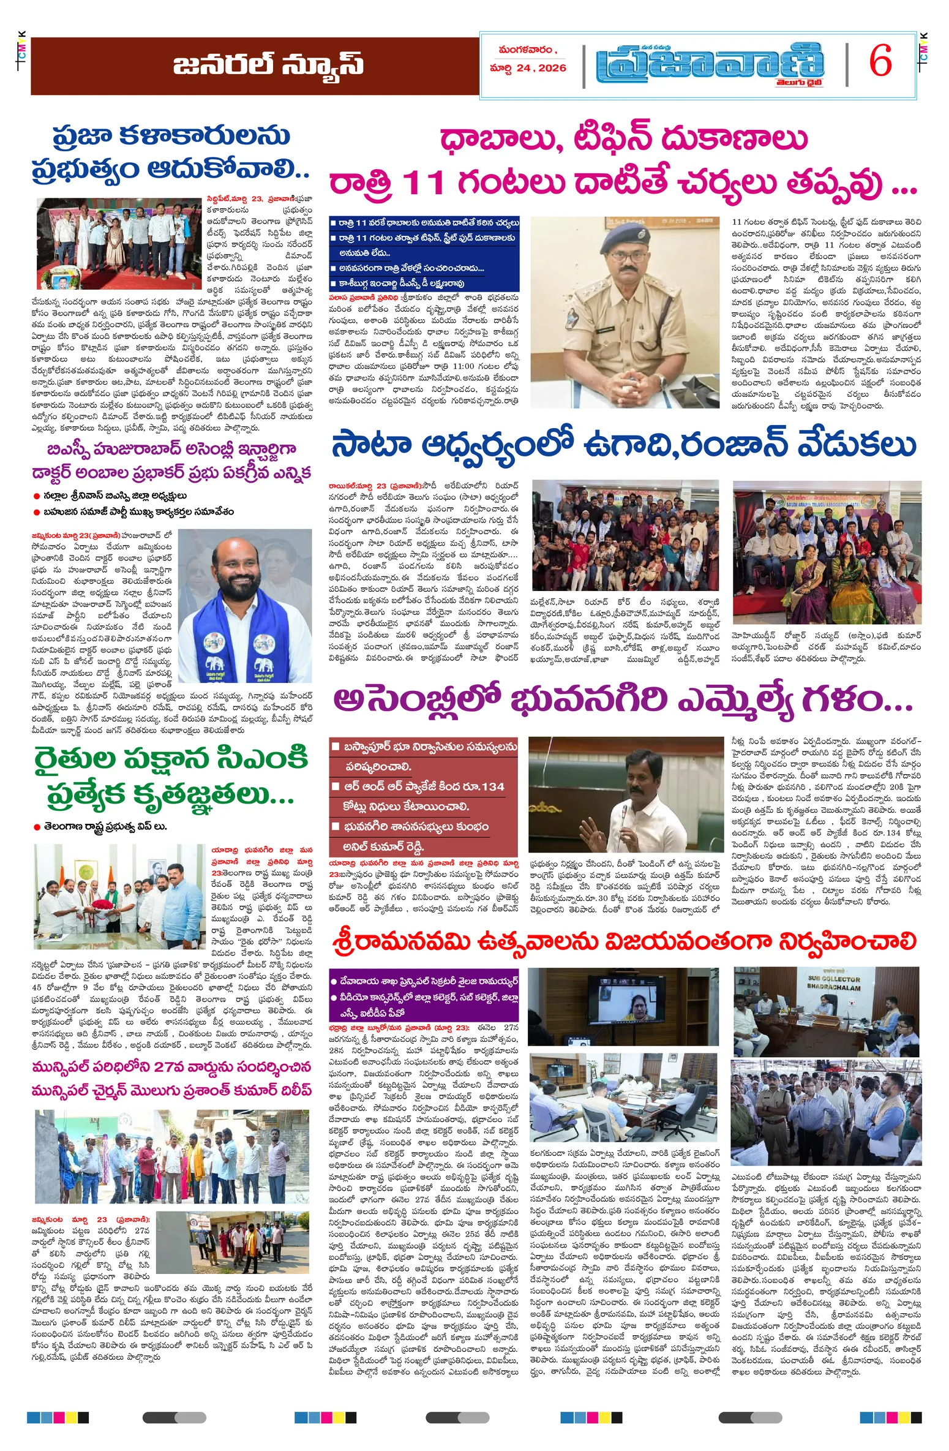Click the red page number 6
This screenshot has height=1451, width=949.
pos(880,62)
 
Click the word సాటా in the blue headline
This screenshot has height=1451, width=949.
pos(370,445)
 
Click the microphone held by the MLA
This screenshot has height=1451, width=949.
pos(623,815)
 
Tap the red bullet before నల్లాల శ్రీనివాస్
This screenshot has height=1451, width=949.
pos(37,496)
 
